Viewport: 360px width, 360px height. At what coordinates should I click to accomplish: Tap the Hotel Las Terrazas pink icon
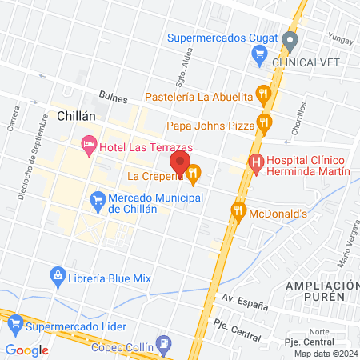(x=89, y=146)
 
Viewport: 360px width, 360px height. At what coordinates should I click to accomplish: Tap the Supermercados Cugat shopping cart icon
(x=258, y=54)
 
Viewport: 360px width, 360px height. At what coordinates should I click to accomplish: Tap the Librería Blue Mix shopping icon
(x=58, y=277)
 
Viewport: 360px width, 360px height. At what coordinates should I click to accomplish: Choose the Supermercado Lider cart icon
(x=14, y=326)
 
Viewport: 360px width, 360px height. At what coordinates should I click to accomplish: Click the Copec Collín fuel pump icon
(x=164, y=344)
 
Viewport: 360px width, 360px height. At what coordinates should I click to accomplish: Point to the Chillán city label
(x=77, y=116)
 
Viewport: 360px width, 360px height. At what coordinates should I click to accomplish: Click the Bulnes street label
(x=112, y=95)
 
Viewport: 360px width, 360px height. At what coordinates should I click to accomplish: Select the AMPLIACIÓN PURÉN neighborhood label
(x=319, y=292)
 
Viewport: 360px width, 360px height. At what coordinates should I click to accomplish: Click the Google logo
(x=26, y=350)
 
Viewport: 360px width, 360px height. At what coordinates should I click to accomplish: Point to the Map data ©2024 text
(x=325, y=354)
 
